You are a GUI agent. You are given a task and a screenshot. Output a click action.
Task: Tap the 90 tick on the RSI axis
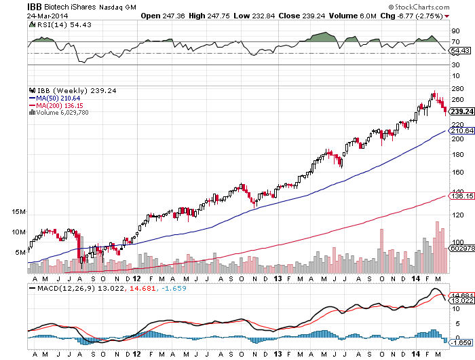click(454, 31)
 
